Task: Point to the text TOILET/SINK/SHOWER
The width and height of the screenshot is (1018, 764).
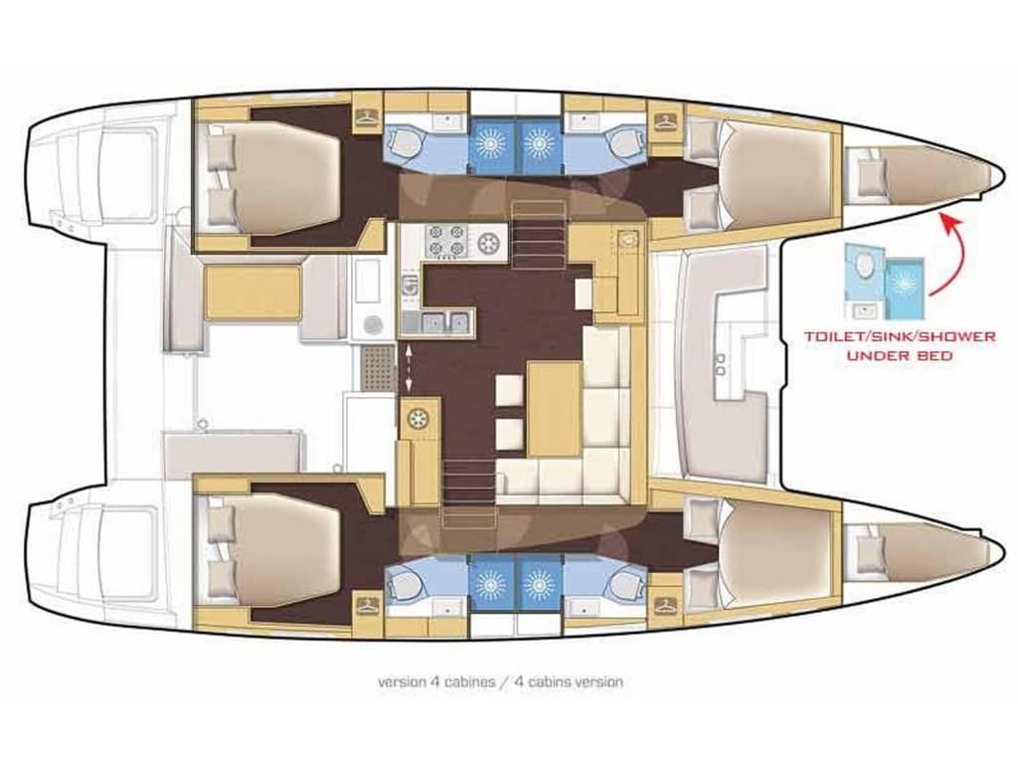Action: (900, 336)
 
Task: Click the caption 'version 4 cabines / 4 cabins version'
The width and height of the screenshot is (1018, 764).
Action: (500, 682)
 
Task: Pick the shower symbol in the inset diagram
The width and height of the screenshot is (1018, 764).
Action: (905, 281)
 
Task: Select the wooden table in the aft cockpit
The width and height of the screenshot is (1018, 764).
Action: (252, 292)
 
